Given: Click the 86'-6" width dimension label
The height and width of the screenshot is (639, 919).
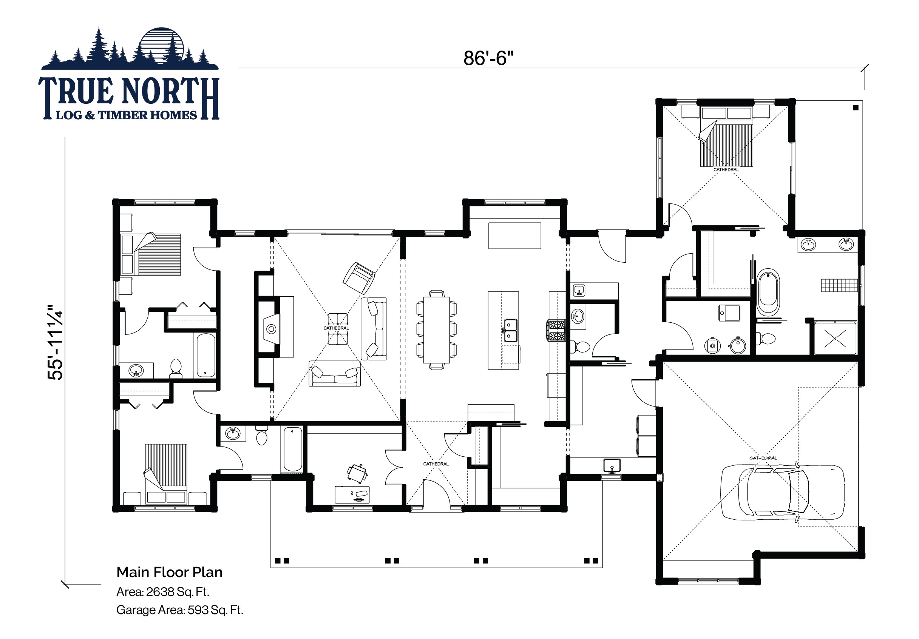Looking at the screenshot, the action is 488,58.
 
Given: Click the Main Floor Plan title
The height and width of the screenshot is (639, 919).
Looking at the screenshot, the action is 169,572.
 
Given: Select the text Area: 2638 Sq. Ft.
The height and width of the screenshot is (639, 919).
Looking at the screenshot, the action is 162,592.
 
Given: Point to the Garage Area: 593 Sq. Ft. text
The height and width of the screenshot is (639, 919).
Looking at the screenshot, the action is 180,610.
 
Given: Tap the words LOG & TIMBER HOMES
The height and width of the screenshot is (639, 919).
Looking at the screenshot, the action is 127,115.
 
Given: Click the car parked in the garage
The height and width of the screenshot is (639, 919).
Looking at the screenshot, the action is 783,492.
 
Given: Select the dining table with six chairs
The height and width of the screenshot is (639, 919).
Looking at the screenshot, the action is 436,330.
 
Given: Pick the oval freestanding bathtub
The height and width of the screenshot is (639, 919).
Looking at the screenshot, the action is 768,292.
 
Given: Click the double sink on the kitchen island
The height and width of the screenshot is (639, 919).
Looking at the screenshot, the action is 510,330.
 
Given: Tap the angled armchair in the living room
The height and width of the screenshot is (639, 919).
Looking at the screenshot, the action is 358,277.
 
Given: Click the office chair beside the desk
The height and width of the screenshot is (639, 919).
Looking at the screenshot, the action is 357,473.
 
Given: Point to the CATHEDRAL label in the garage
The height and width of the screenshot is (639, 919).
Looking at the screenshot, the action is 763,458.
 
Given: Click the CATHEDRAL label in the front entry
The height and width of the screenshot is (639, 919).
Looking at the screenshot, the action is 436,464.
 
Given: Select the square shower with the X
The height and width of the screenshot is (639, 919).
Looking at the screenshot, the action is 836,338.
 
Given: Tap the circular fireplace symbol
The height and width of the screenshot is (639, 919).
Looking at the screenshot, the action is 271,329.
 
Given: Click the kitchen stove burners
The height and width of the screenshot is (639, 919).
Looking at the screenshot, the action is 556,330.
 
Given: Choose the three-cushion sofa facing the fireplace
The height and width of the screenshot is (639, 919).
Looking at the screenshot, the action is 335,374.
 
